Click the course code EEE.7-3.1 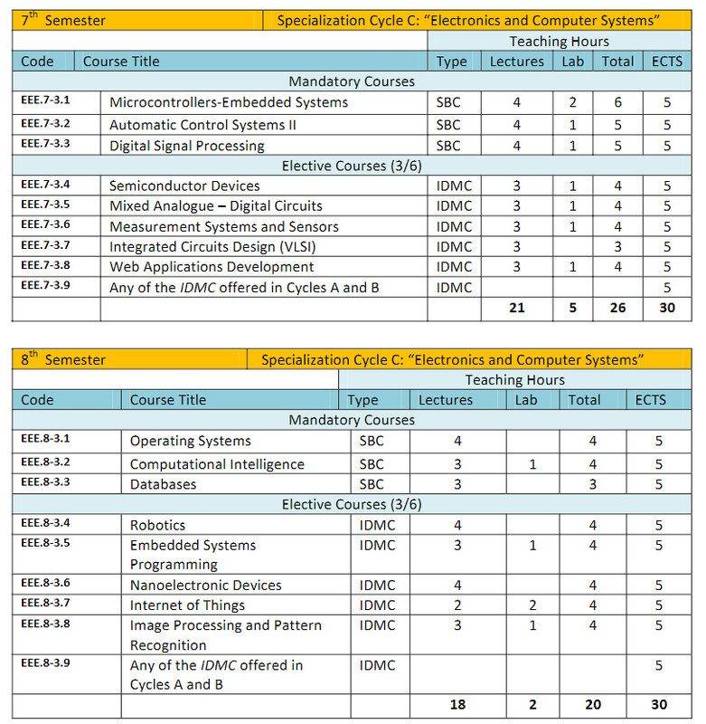[45, 101]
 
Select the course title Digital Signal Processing [186, 146]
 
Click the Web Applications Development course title [212, 267]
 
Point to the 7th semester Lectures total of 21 [516, 309]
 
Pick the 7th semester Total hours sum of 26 [617, 309]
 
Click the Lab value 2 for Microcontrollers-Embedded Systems [572, 103]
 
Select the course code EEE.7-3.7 [45, 245]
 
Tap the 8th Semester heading [62, 359]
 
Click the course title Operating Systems [191, 442]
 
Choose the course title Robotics [157, 525]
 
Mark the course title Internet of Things [187, 605]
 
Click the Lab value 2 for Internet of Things [532, 605]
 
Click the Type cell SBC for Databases [372, 484]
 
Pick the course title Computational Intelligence [217, 464]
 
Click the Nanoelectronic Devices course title [206, 586]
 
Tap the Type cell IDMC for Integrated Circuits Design [455, 247]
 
